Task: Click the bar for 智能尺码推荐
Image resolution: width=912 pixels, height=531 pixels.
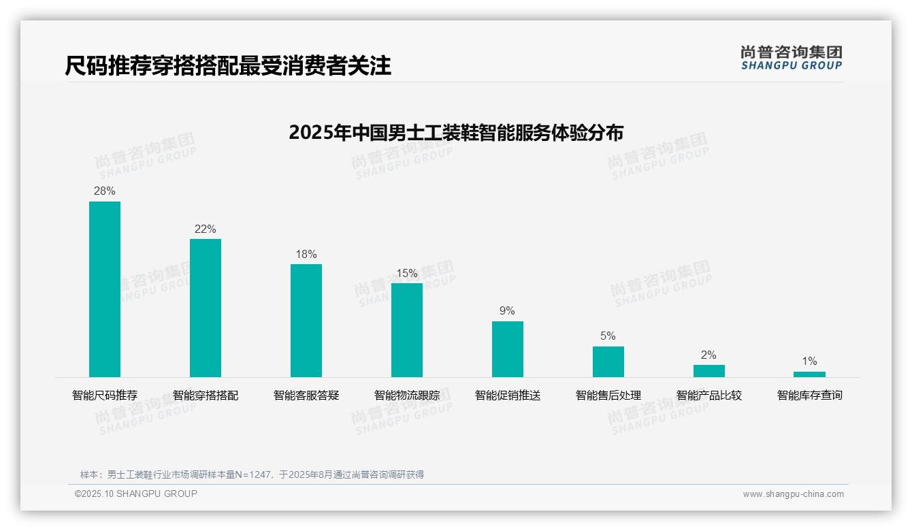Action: click(105, 289)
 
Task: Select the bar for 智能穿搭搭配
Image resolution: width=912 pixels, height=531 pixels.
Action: click(206, 308)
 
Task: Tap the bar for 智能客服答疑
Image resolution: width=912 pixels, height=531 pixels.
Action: click(306, 321)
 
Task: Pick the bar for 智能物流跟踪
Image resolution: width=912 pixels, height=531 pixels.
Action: click(407, 330)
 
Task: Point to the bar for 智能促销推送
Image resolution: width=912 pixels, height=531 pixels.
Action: click(508, 349)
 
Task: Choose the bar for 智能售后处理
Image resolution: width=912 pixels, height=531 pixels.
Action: click(608, 361)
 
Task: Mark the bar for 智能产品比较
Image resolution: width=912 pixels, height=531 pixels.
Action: click(709, 371)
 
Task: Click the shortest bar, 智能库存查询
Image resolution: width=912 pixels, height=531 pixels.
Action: click(809, 374)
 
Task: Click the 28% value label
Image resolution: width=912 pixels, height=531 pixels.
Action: click(105, 191)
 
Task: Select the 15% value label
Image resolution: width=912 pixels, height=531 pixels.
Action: click(407, 273)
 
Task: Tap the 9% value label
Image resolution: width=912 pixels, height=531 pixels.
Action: click(508, 311)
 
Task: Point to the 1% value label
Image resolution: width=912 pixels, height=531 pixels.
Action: click(809, 361)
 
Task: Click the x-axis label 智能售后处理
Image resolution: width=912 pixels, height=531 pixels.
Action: click(608, 396)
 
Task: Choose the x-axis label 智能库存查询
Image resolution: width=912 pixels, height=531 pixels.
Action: click(809, 396)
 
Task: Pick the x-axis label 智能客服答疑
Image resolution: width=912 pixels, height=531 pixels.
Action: click(306, 396)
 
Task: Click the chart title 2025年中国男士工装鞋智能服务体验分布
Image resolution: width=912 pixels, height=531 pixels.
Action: click(456, 132)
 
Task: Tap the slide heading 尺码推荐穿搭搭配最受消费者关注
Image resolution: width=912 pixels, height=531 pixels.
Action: click(228, 66)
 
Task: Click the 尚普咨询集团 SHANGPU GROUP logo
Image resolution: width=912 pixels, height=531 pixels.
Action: click(791, 58)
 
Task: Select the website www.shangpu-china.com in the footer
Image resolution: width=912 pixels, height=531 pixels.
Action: click(793, 494)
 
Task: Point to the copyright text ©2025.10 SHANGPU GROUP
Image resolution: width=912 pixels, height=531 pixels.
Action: click(136, 494)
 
